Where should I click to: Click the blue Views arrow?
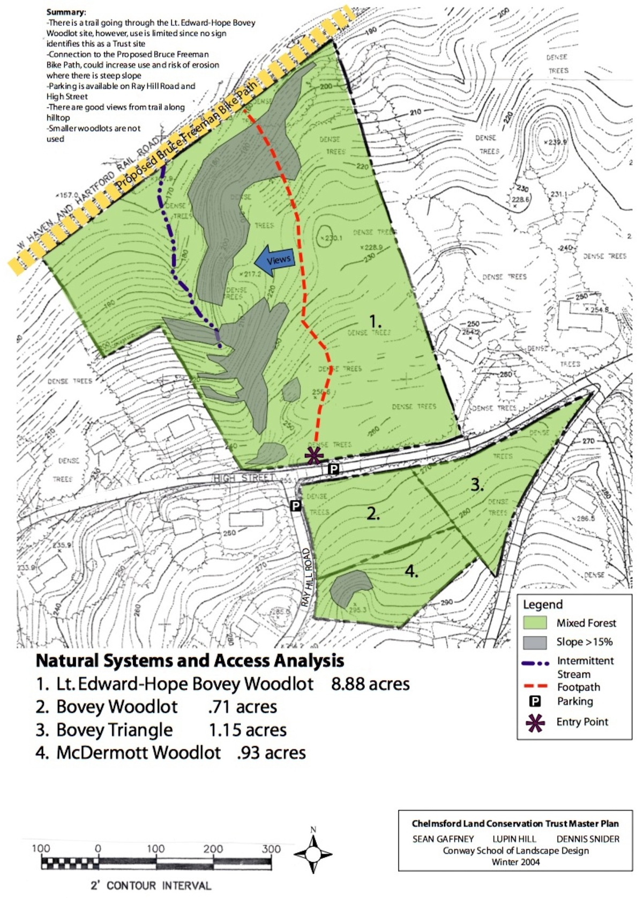(x=273, y=260)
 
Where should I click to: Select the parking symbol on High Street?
(x=333, y=469)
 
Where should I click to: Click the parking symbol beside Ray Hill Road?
(x=295, y=505)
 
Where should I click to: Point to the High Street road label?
(x=244, y=478)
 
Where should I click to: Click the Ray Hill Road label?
(x=306, y=577)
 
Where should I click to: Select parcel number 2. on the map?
(x=373, y=513)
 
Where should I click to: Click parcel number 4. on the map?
(x=412, y=572)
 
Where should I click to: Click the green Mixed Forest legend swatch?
(x=535, y=623)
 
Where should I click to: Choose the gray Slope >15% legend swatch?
(x=535, y=642)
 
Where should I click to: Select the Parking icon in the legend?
(x=535, y=701)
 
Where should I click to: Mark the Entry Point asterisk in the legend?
(x=535, y=723)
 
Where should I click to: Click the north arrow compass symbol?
(x=313, y=853)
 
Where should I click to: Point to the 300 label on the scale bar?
(x=271, y=849)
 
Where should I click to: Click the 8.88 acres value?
(x=370, y=684)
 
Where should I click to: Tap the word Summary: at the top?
(x=66, y=12)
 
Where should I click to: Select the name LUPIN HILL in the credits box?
(x=514, y=839)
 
